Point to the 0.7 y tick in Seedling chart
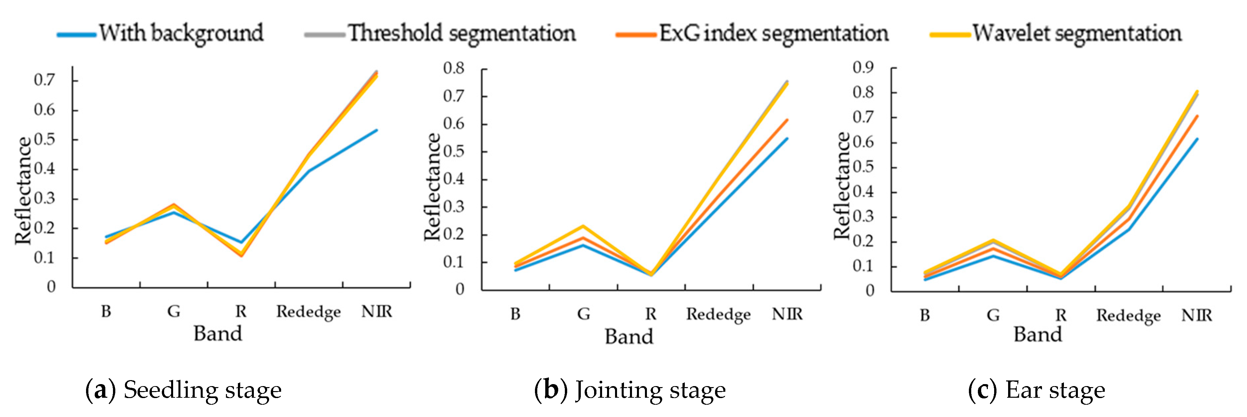pos(45,80)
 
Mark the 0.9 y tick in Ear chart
pos(863,67)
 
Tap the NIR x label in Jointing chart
pos(787,314)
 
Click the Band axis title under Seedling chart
pos(218,334)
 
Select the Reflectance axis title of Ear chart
pos(842,186)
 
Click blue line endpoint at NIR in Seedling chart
pos(376,130)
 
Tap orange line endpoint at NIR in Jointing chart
pos(787,120)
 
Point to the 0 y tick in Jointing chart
pos(460,290)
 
